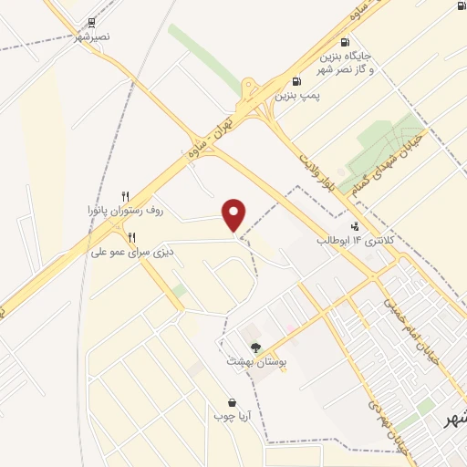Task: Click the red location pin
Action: tap(235, 214)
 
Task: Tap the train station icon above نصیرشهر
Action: tap(92, 23)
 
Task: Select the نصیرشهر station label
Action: tap(92, 38)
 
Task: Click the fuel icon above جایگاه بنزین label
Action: tap(344, 41)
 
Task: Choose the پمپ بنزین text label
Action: tap(300, 95)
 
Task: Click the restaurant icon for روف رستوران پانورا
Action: tap(126, 196)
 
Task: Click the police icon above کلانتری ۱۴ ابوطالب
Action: tap(355, 226)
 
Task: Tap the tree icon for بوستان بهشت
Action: tap(256, 347)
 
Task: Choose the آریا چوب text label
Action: tap(232, 417)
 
